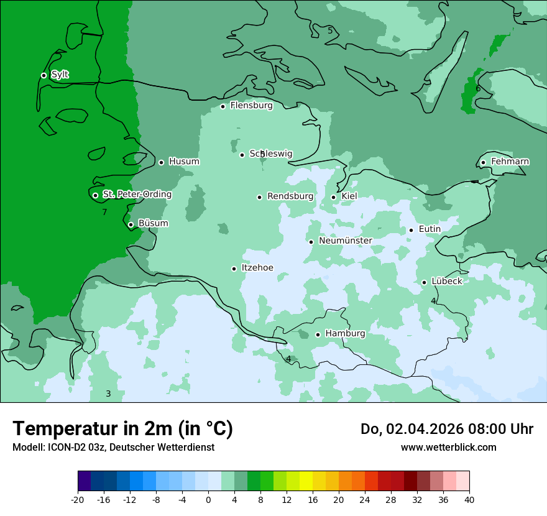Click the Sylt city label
point(60,75)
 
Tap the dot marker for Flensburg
point(223,106)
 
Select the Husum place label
point(184,162)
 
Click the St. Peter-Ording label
point(137,195)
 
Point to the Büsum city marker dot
point(131,224)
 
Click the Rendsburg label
point(290,196)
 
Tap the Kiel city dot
point(333,197)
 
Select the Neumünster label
point(346,241)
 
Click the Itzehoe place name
point(257,268)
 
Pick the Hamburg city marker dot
point(318,334)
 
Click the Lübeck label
point(447,281)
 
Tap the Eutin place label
point(430,229)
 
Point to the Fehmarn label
point(510,162)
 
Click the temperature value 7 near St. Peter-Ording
point(104,213)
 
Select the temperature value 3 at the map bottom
point(108,394)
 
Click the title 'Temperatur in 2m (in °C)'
point(122,429)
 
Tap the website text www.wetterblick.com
point(448,448)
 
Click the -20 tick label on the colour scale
point(78,500)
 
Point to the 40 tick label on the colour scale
point(469,500)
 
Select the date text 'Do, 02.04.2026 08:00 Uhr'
point(446,429)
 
